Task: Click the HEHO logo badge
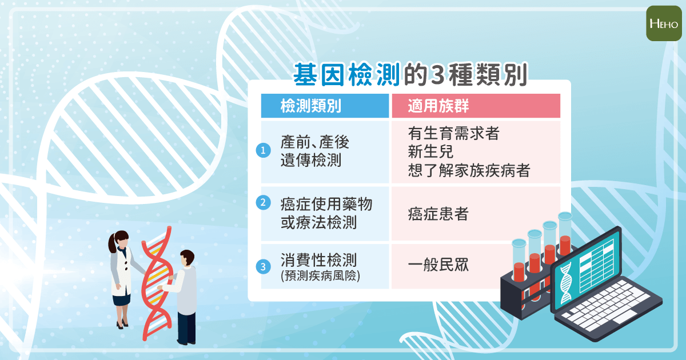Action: click(x=664, y=23)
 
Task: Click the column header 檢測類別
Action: click(x=311, y=106)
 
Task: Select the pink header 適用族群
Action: click(x=438, y=106)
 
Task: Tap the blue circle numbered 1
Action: click(x=263, y=150)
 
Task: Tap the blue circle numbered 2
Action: click(x=263, y=203)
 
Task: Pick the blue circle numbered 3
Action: click(x=263, y=267)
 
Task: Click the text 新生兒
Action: click(x=430, y=151)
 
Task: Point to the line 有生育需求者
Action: click(x=453, y=133)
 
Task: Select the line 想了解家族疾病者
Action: click(x=469, y=170)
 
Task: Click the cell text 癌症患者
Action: click(x=438, y=214)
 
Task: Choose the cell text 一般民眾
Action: click(x=438, y=265)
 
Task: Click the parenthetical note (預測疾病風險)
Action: click(x=320, y=275)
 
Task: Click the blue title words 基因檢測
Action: click(x=346, y=74)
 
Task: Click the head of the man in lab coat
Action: click(x=187, y=258)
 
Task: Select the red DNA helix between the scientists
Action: click(x=157, y=283)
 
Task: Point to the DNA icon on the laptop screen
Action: click(x=565, y=282)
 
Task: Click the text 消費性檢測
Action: click(x=318, y=259)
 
